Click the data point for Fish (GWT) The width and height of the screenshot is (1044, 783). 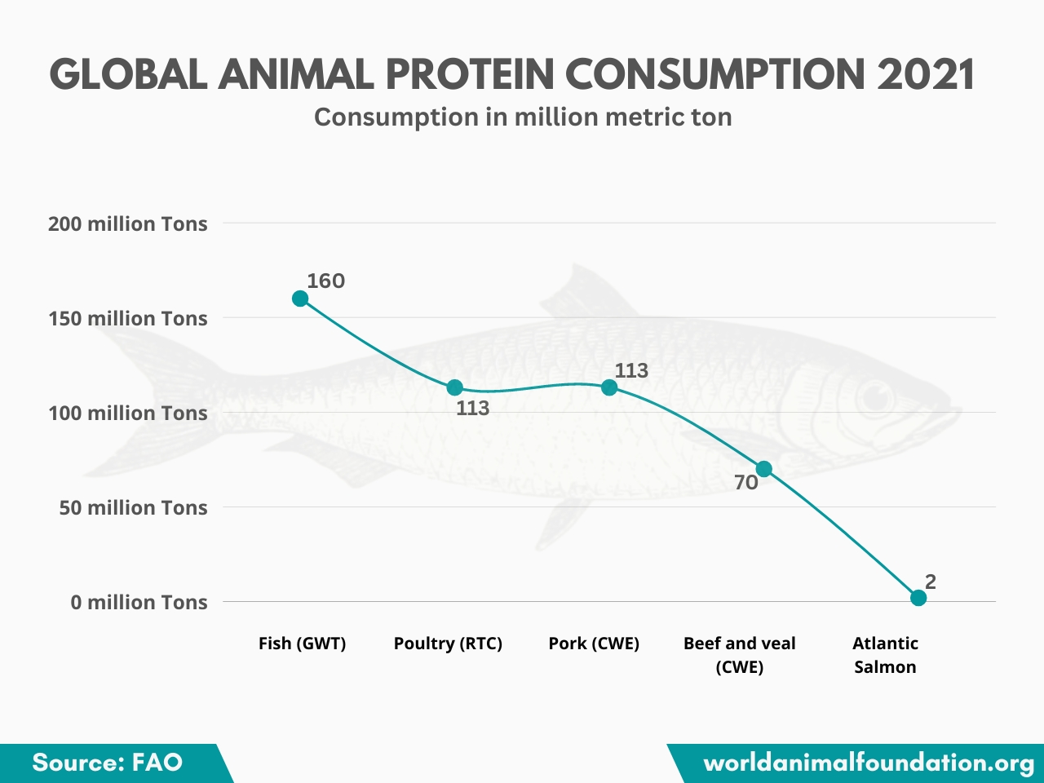pos(300,299)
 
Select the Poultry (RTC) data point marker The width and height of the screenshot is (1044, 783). pos(455,387)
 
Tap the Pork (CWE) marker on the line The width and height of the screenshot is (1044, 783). pos(609,387)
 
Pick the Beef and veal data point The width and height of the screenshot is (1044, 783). pos(764,469)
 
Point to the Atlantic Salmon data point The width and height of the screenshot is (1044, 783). pos(918,598)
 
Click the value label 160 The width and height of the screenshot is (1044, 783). pos(326,281)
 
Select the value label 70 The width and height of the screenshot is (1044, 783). pos(746,483)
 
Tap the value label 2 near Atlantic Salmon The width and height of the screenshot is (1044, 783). pos(931,582)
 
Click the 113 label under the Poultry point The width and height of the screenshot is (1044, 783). pos(473,408)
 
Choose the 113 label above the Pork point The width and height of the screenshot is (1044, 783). pos(631,370)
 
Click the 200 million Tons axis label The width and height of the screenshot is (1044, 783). pos(128,223)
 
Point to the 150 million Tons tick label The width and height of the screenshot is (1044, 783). pos(128,318)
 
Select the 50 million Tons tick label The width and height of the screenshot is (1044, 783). pos(133,507)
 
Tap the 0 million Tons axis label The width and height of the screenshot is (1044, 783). pos(139,602)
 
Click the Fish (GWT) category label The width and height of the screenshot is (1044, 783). pos(302,644)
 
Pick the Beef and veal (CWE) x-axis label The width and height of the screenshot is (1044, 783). pos(740,655)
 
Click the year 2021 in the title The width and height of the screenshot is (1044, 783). pos(926,75)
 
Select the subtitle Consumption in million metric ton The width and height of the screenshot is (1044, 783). pos(523,117)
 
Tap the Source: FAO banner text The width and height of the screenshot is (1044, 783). pos(107,763)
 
